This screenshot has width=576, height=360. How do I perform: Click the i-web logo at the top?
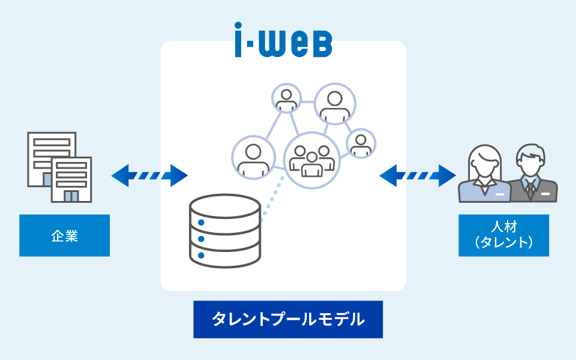point(283,40)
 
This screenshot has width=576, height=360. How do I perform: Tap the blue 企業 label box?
point(64,236)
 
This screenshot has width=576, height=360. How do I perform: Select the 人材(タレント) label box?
point(503,235)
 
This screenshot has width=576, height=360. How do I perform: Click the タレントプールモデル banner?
point(288,319)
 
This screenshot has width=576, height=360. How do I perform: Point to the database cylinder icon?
point(225,230)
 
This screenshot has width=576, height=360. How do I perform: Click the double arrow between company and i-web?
point(149,176)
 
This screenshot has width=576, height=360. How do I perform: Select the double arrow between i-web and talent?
point(418,176)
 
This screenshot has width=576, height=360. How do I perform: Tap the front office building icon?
point(71,179)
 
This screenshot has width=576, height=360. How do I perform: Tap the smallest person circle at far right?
point(361,143)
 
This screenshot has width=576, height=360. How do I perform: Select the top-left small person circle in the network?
point(286,99)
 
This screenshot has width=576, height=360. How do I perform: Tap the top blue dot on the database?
point(201,223)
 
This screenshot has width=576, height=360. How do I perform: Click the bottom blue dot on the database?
point(201,256)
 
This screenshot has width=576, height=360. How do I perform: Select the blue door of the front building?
point(71,196)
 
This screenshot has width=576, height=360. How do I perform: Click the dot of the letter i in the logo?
point(240,28)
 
